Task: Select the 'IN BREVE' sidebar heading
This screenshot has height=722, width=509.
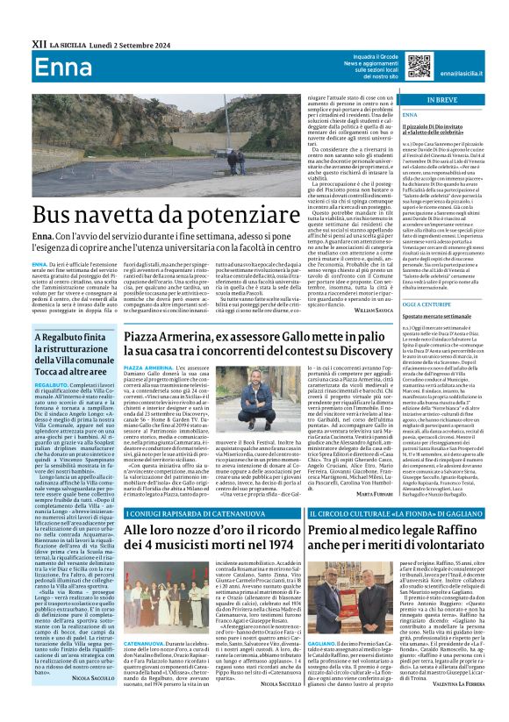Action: point(450,101)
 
